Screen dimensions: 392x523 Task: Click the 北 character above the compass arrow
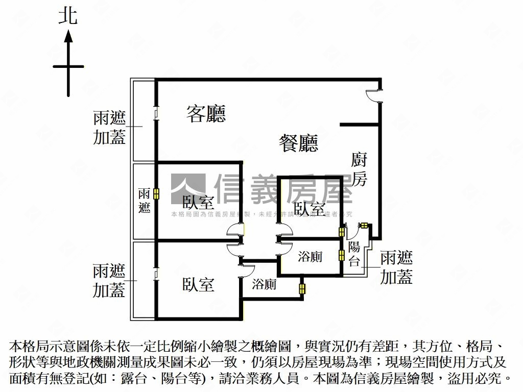pyautogui.click(x=68, y=16)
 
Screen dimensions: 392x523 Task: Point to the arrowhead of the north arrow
pyautogui.click(x=68, y=36)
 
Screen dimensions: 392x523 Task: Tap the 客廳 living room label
pyautogui.click(x=206, y=113)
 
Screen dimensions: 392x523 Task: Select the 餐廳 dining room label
pyautogui.click(x=298, y=143)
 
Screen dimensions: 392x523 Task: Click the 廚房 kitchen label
pyautogui.click(x=359, y=169)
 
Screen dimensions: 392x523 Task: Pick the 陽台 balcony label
pyautogui.click(x=354, y=254)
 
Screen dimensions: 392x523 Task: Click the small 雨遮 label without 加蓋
pyautogui.click(x=144, y=201)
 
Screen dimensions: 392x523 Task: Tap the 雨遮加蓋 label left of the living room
pyautogui.click(x=109, y=128)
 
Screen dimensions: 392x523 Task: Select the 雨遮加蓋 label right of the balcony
pyautogui.click(x=397, y=267)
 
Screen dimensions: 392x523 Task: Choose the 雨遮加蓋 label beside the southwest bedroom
pyautogui.click(x=109, y=280)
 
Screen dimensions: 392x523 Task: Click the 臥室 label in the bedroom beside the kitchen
pyautogui.click(x=310, y=209)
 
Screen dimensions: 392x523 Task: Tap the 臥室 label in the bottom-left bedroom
pyautogui.click(x=198, y=284)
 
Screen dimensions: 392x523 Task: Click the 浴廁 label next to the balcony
pyautogui.click(x=310, y=257)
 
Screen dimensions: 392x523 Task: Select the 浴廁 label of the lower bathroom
pyautogui.click(x=264, y=284)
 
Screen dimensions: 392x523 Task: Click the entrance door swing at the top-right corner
pyautogui.click(x=374, y=95)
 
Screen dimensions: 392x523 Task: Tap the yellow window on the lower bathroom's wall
pyautogui.click(x=302, y=289)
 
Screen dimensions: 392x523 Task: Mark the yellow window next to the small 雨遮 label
pyautogui.click(x=156, y=194)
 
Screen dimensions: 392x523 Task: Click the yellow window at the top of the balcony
pyautogui.click(x=365, y=225)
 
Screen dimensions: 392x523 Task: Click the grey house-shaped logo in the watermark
pyautogui.click(x=187, y=189)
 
